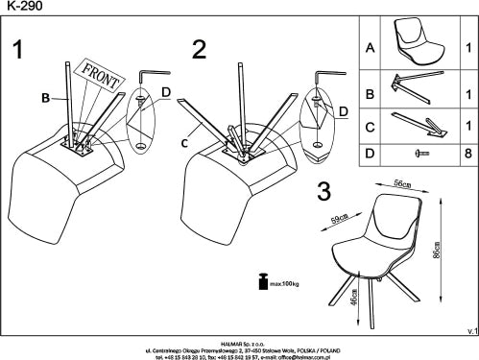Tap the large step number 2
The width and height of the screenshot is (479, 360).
pos(200,49)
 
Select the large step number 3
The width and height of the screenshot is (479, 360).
pos(324,191)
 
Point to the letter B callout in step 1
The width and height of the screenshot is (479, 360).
pos(44,96)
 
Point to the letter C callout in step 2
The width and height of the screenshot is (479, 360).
pos(184,144)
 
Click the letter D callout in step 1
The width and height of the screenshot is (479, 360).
pos(165,92)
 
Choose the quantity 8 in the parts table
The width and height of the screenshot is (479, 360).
pos(466,153)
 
